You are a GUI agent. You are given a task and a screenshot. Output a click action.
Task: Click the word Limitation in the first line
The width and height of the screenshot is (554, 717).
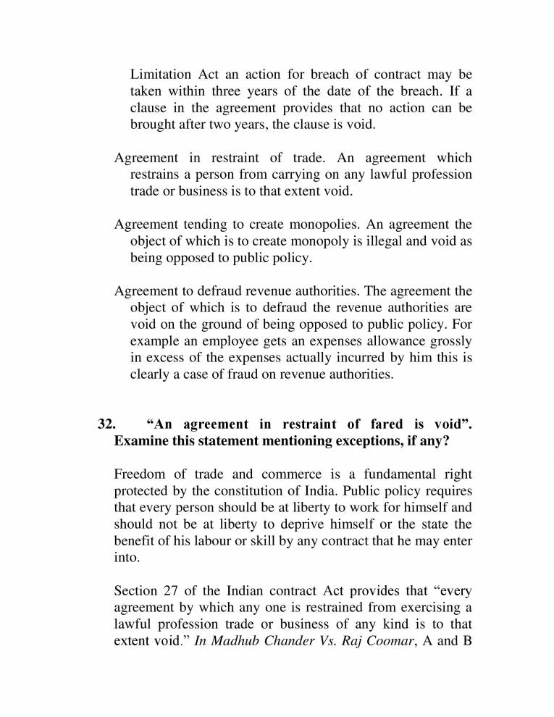click(161, 75)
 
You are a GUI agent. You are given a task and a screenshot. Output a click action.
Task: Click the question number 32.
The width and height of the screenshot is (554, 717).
click(107, 424)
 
